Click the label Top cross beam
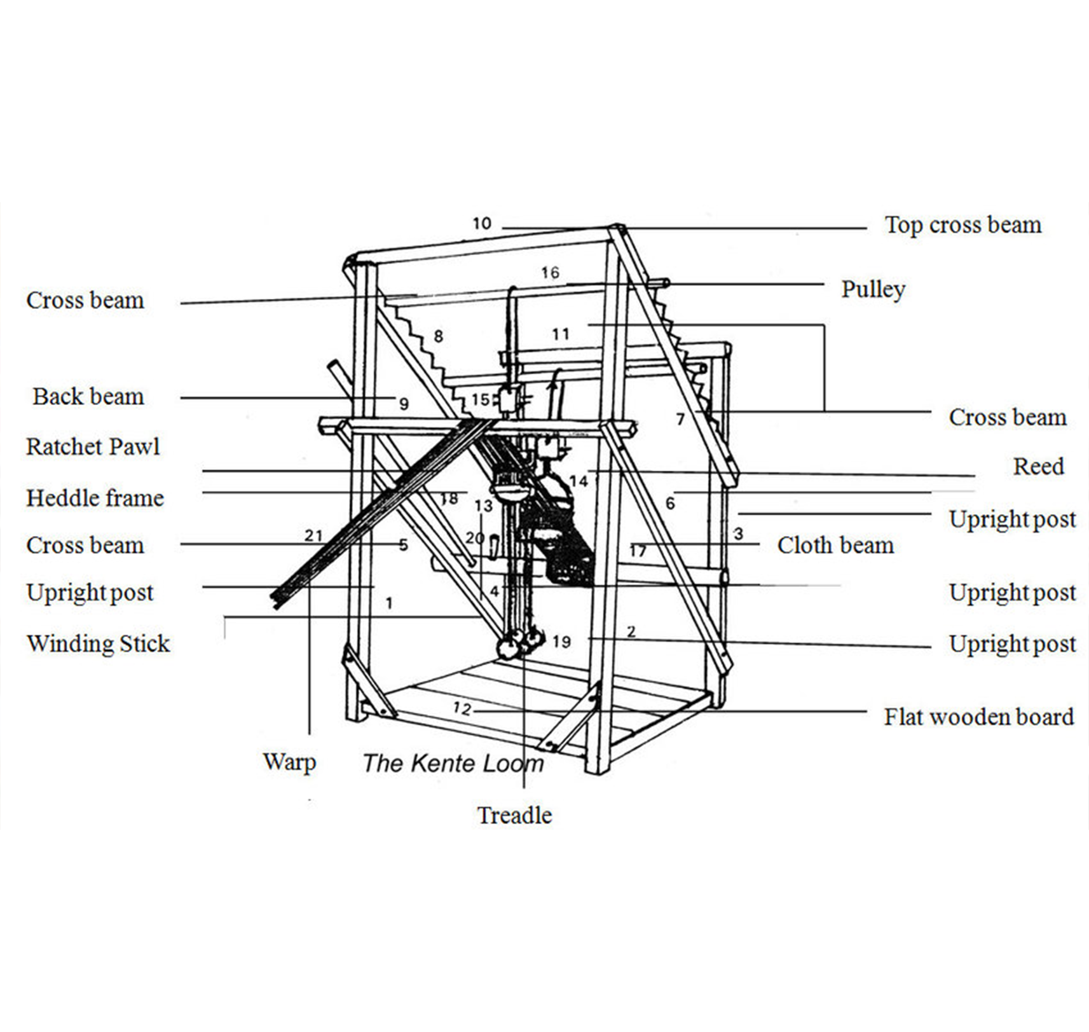962,225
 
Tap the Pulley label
873,289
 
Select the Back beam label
88,397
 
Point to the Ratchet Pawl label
93,447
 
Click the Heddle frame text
95,498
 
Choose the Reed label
1038,467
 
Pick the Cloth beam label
835,546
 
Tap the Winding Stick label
98,643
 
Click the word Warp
289,762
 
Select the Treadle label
514,816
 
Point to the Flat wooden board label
978,717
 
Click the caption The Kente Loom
453,764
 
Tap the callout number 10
482,224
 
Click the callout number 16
550,273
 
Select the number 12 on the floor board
462,708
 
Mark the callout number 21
313,535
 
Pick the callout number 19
561,642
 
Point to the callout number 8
438,336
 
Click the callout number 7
680,420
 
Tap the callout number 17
638,551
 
